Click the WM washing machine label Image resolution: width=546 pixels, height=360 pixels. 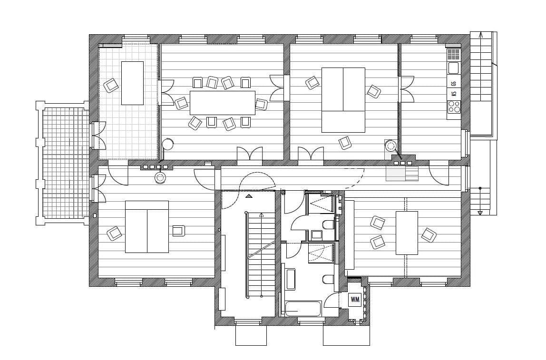click(x=354, y=299)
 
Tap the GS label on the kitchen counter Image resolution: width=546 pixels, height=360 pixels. click(x=454, y=83)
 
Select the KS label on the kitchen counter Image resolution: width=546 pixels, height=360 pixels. click(x=454, y=93)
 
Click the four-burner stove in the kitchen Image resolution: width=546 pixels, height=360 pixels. click(x=454, y=107)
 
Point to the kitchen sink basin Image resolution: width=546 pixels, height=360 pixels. click(x=453, y=68)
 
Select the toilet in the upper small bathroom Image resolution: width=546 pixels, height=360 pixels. click(x=329, y=224)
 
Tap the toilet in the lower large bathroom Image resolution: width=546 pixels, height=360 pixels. click(x=329, y=279)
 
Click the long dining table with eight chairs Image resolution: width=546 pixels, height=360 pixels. click(x=222, y=102)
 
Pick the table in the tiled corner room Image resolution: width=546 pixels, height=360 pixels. click(x=132, y=83)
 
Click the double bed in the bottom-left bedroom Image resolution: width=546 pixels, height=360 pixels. click(x=147, y=226)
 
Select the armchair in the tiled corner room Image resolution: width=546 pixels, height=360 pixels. click(x=111, y=85)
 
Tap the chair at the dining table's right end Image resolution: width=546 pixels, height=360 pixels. click(x=261, y=104)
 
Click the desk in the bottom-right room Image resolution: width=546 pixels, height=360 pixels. click(x=407, y=233)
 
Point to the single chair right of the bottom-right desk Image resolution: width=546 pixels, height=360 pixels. click(x=429, y=234)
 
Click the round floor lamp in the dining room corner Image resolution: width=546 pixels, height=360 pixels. click(x=167, y=144)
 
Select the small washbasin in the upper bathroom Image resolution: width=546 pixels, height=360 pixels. click(x=316, y=234)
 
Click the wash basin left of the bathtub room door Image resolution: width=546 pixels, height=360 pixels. click(x=290, y=280)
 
